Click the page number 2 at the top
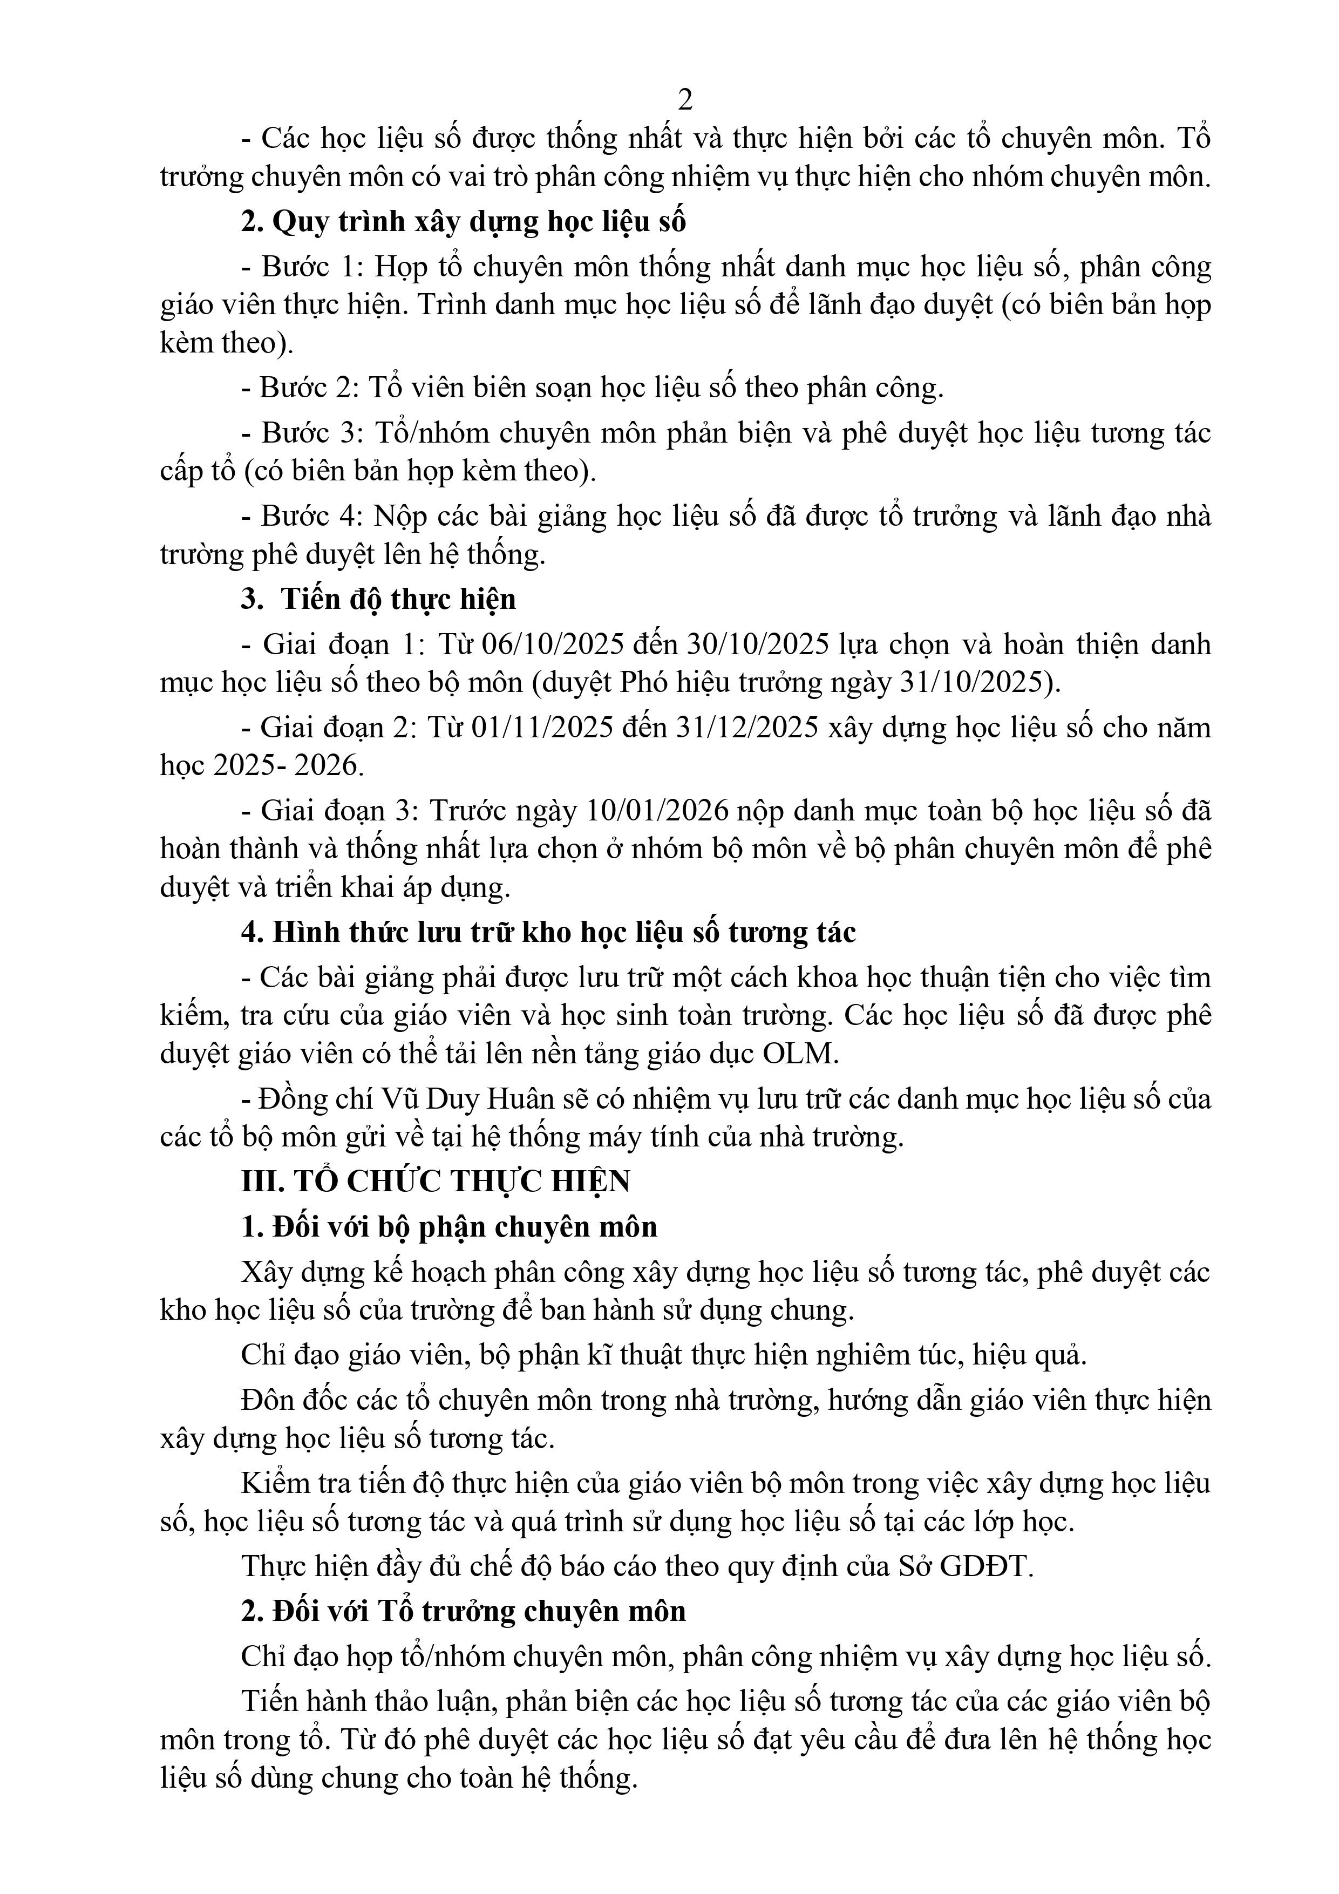[684, 100]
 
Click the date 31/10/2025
[974, 683]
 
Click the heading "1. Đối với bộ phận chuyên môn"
[449, 1227]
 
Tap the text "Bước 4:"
[311, 517]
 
